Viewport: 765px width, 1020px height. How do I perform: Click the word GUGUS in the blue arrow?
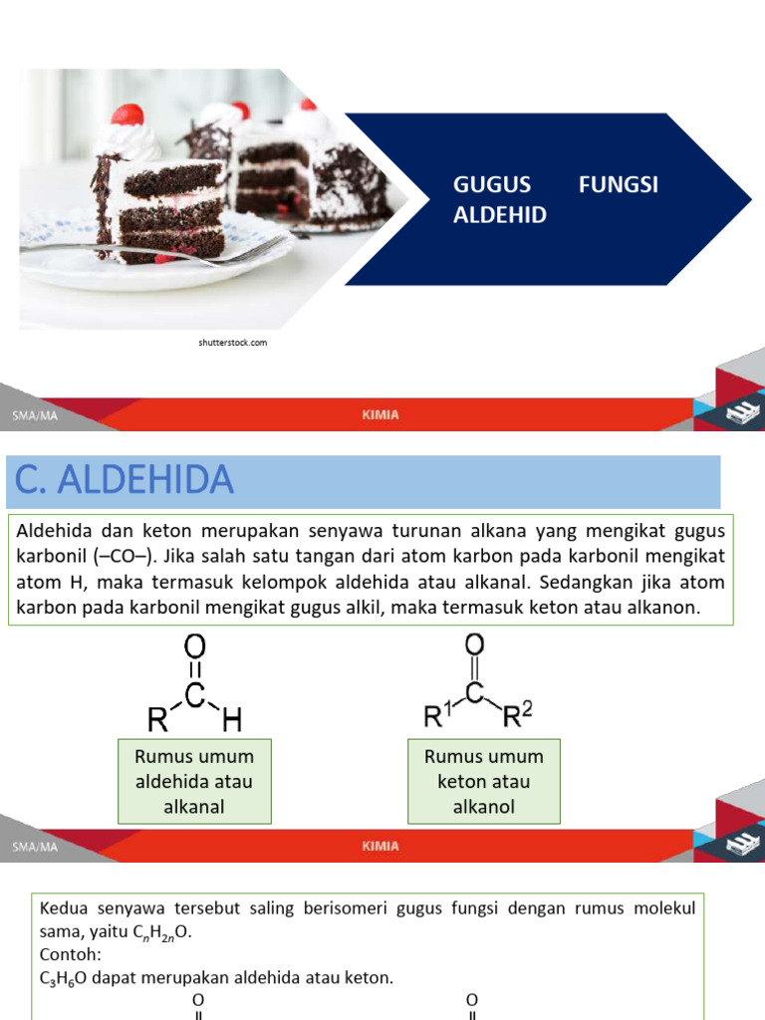point(492,185)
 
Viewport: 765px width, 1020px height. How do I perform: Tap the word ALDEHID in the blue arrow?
point(500,215)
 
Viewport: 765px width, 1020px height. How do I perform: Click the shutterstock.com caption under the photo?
point(232,343)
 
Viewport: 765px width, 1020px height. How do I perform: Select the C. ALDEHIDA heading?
point(125,481)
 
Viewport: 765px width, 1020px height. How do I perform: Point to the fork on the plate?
point(179,252)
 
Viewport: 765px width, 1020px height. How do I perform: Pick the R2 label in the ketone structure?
point(518,714)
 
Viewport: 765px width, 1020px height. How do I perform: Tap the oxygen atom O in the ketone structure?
point(474,644)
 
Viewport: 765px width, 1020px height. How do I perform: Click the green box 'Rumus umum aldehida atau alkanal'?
point(194,781)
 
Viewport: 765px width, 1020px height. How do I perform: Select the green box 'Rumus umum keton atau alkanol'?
point(484,781)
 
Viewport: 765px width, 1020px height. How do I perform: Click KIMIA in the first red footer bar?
point(381,415)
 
